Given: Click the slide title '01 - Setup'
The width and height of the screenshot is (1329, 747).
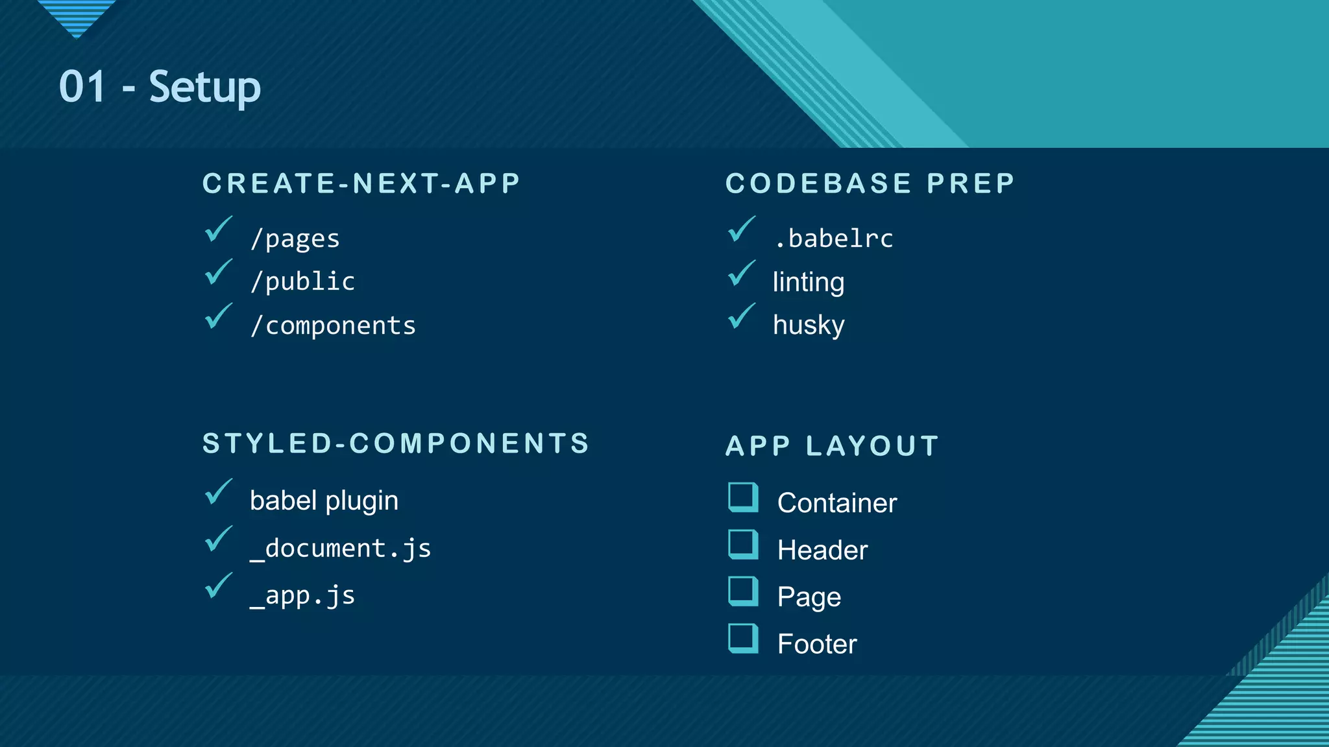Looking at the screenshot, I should click(x=160, y=87).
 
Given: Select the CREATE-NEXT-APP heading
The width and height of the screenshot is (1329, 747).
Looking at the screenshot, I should click(x=361, y=184).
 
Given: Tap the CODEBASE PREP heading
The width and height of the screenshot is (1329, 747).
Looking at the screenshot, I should click(x=870, y=184).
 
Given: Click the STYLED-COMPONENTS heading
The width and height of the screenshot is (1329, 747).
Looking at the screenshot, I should click(x=396, y=444).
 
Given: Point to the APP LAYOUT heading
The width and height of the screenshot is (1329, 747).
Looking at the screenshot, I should click(x=832, y=446).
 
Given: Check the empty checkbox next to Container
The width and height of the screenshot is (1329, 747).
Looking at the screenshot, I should click(x=743, y=497).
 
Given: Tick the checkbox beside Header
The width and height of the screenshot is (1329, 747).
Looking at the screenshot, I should click(x=743, y=545).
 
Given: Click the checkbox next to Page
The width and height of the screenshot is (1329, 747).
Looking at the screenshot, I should click(x=743, y=591).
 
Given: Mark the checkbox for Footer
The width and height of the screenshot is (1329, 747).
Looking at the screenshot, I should click(x=743, y=639).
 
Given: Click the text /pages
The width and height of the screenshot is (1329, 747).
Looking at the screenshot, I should click(x=295, y=239).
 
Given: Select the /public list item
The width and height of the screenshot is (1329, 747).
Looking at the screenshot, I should click(x=303, y=281).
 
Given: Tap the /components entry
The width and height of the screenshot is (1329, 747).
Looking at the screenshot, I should click(x=333, y=326).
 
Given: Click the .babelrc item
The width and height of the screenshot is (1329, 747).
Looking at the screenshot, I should click(x=833, y=239).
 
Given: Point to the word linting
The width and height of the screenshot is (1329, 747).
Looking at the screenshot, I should click(x=809, y=282).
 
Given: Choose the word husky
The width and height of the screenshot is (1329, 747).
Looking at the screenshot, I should click(x=809, y=325).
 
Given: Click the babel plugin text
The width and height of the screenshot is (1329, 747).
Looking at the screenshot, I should click(x=324, y=501).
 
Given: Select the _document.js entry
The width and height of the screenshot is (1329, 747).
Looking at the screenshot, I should click(x=340, y=549).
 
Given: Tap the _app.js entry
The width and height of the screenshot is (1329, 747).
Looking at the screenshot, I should click(x=302, y=595).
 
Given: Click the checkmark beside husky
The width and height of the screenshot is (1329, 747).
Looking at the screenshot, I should click(x=741, y=316).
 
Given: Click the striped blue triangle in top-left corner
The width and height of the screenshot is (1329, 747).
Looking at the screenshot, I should click(x=77, y=16).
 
